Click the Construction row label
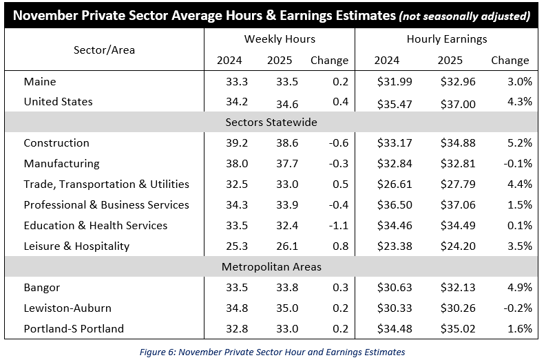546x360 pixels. (x=56, y=143)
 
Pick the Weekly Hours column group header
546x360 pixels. (x=280, y=39)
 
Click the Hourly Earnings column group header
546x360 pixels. (x=446, y=39)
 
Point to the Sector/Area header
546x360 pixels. (x=104, y=50)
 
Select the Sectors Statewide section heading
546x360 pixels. (x=271, y=123)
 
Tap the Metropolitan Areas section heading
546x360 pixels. (x=271, y=266)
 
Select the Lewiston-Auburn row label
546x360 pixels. (x=67, y=308)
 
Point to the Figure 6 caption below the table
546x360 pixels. (x=272, y=352)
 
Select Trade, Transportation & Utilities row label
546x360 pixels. (x=106, y=184)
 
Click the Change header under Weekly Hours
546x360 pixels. (x=329, y=61)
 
